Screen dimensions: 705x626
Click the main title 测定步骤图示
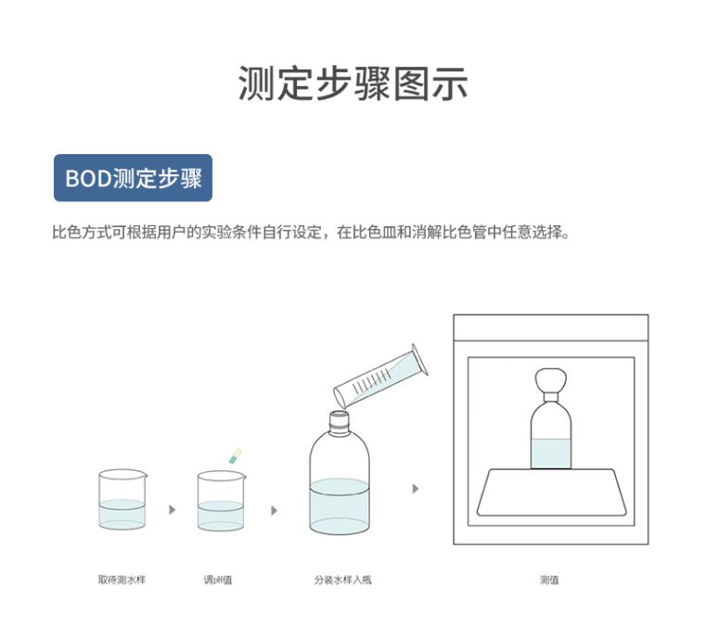pos(352,83)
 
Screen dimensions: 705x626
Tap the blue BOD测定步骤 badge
pos(133,178)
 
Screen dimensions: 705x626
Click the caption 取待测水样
pos(122,580)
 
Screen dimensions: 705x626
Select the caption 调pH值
pos(218,580)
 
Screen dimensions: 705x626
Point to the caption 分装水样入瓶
pos(343,580)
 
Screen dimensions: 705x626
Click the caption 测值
pos(549,580)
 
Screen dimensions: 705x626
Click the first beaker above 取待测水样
pos(122,499)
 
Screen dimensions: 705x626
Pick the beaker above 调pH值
pos(221,501)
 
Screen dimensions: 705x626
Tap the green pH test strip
pos(235,456)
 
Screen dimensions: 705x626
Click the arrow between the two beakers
pos(172,509)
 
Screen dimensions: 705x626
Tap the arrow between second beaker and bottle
pos(274,510)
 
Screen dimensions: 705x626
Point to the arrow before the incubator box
pos(416,489)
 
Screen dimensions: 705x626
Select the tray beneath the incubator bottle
pos(552,492)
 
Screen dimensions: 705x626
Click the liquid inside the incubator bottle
pos(551,454)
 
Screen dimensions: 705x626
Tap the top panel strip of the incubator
pos(551,327)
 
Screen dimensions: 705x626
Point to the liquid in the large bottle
pos(340,506)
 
